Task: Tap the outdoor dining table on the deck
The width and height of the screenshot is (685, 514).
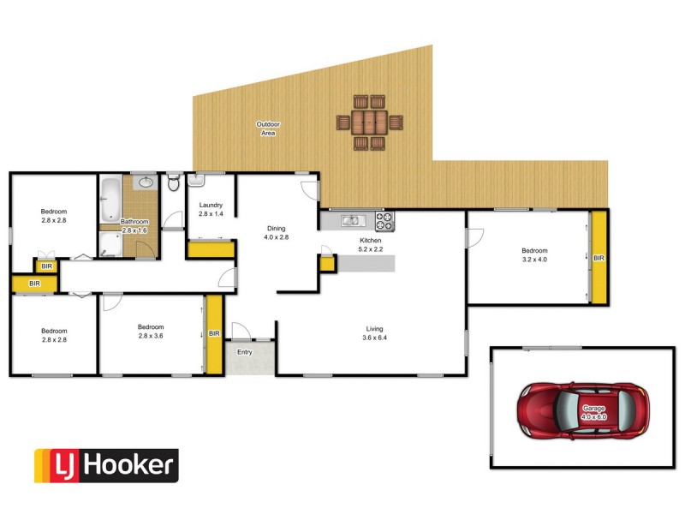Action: coord(371,122)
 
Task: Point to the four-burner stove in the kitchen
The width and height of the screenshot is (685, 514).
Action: coord(384,221)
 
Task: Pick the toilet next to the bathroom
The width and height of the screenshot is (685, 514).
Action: coord(174,182)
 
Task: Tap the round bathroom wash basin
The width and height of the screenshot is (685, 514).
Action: coord(146,182)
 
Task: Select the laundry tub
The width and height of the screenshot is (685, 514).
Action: coord(194,180)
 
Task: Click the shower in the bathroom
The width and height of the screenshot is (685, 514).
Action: coord(110,245)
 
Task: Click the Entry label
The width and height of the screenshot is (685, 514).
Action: coord(245,351)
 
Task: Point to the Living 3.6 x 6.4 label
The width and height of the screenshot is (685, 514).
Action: coord(374,333)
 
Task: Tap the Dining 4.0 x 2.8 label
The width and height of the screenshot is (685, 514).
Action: coord(276,232)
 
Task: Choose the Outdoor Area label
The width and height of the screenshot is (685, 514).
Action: coord(268,128)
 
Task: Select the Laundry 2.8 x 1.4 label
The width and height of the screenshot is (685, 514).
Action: coord(211,209)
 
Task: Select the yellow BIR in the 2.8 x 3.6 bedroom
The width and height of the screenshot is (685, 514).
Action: coord(215,333)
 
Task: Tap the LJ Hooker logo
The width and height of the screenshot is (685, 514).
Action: coord(106,465)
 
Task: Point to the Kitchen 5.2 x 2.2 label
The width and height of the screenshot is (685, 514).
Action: coord(370,245)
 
